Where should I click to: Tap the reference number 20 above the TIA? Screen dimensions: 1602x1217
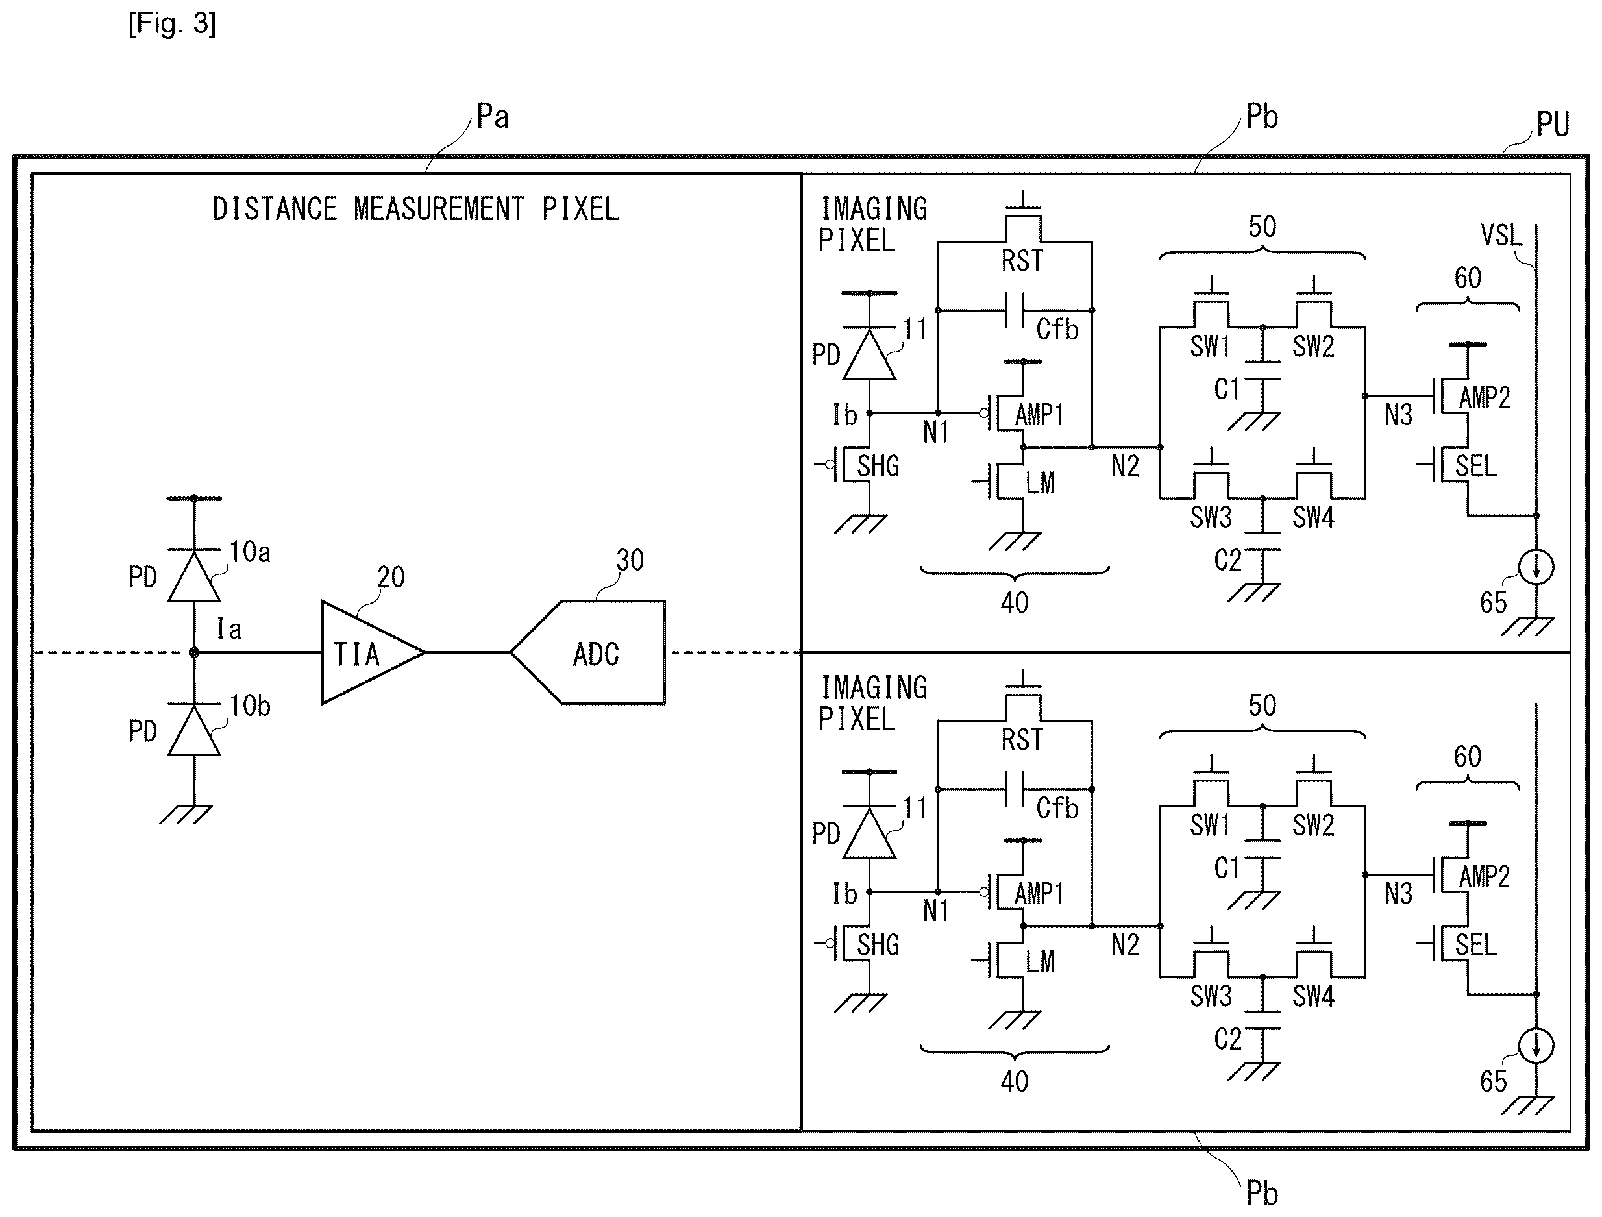pos(391,578)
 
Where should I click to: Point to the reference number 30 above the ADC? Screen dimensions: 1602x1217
pos(630,560)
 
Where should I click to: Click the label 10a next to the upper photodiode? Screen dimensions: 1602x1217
pos(250,552)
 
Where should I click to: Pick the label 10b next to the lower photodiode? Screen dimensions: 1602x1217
pos(250,706)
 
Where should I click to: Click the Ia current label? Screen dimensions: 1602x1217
pos(229,629)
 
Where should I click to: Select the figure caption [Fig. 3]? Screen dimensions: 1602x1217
pos(173,24)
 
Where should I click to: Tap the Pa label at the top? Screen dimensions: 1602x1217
pos(493,117)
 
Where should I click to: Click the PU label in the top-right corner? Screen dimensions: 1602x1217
pos(1553,125)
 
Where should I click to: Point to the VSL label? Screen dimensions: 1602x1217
pos(1501,236)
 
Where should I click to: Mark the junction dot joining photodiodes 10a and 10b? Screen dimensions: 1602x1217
pos(194,653)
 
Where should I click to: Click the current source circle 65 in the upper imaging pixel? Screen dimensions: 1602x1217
pos(1536,567)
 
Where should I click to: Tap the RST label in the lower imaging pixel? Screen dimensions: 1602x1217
pos(1022,740)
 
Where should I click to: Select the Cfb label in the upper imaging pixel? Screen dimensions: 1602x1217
pos(1057,330)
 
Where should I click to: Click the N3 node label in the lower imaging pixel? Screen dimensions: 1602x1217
pos(1398,894)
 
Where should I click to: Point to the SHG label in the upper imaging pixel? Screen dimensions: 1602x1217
pos(878,467)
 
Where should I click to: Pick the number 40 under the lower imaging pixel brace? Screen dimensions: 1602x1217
pos(1015,1081)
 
